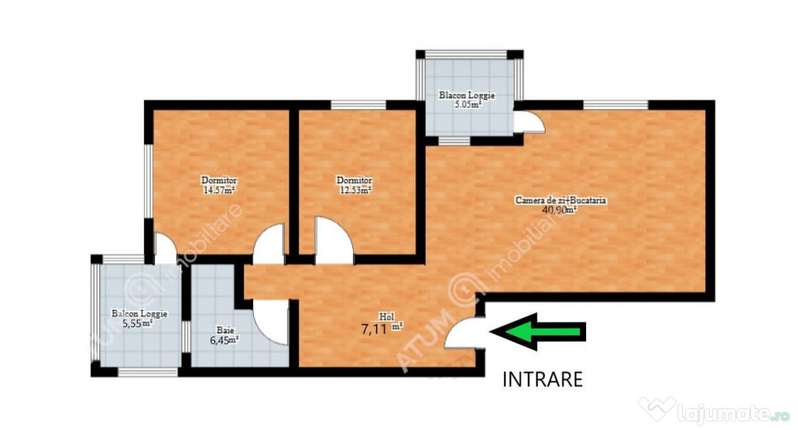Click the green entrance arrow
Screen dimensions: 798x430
click(x=538, y=332)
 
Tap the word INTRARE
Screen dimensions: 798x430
click(x=542, y=379)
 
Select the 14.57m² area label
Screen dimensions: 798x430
click(x=219, y=191)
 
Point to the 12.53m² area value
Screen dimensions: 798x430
click(x=355, y=191)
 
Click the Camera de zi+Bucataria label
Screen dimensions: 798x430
click(x=561, y=200)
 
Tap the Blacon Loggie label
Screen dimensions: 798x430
click(x=467, y=95)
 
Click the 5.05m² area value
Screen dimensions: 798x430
click(x=468, y=105)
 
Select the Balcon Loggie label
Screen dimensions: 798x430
click(x=139, y=313)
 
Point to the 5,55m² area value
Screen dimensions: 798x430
click(x=138, y=323)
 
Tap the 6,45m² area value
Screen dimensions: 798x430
click(x=224, y=340)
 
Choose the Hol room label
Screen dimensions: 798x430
click(x=387, y=317)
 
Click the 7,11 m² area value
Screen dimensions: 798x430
click(x=382, y=328)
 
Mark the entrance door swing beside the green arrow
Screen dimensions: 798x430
click(x=463, y=333)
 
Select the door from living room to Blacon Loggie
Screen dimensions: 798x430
click(x=529, y=122)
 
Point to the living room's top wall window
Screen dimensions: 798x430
click(x=616, y=105)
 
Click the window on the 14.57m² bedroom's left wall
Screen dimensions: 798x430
click(x=149, y=182)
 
